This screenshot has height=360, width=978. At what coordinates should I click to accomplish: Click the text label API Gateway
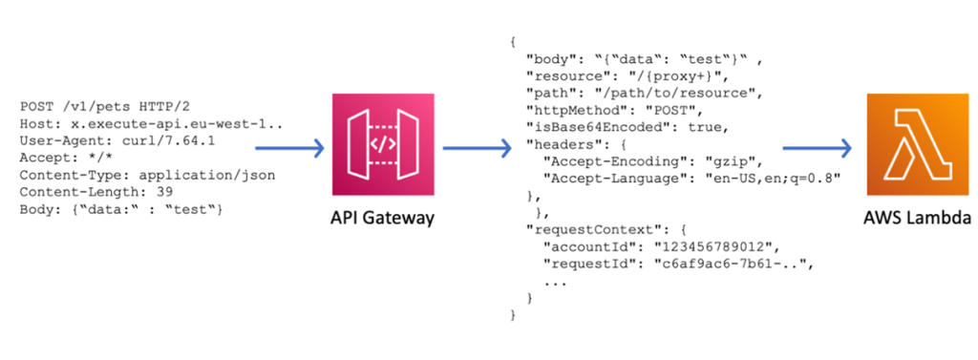pyautogui.click(x=380, y=219)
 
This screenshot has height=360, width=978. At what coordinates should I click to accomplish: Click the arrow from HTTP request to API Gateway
pyautogui.click(x=292, y=148)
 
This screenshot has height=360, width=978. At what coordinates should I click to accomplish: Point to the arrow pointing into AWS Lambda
pyautogui.click(x=817, y=148)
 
